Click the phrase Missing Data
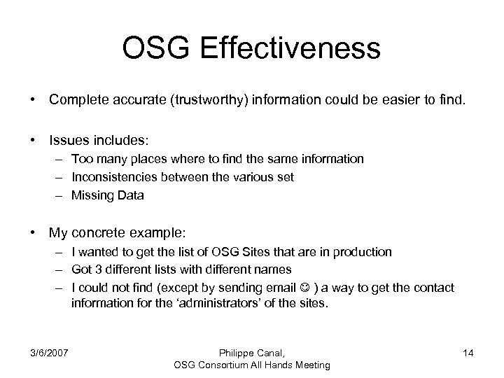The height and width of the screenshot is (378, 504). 107,195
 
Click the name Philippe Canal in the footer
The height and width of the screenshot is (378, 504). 250,353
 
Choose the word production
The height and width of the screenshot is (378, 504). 364,251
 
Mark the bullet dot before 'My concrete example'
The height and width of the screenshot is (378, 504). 34,232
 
